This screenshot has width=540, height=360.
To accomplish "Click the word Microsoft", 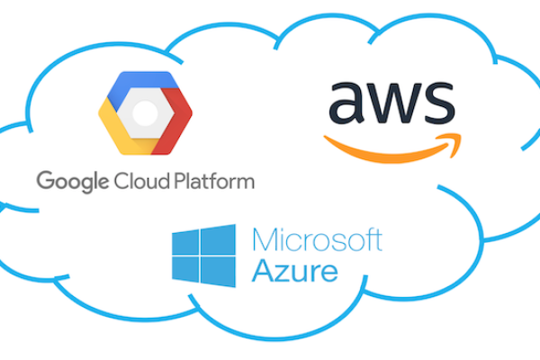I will (317, 240).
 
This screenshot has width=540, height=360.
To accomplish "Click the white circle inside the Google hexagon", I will (145, 112).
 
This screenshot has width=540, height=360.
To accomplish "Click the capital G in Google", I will (45, 180).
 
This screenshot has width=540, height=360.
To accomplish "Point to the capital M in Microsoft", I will (265, 240).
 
